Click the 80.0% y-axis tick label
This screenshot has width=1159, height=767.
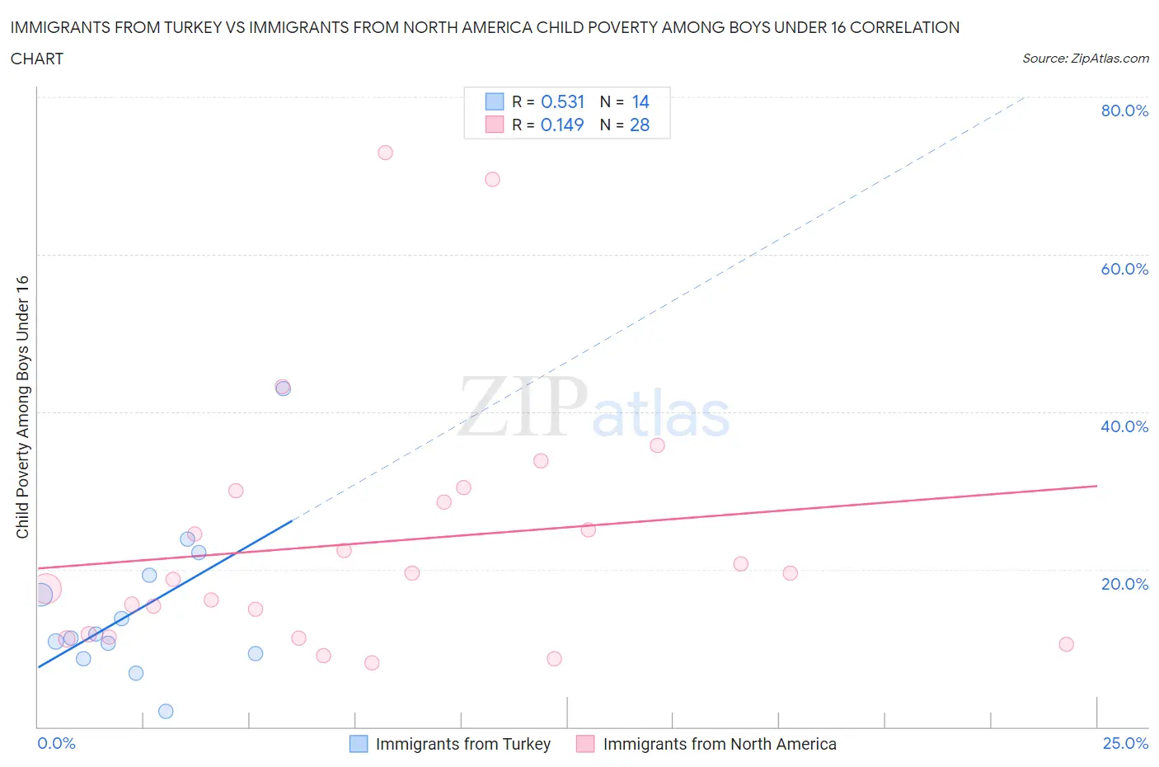(x=1124, y=111)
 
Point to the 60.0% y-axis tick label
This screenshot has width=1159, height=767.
(x=1124, y=269)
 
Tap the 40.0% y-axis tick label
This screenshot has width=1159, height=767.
(x=1124, y=426)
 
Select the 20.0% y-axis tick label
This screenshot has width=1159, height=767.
(x=1124, y=584)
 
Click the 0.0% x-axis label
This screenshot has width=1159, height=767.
(x=56, y=743)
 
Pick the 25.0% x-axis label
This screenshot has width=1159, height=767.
(x=1125, y=743)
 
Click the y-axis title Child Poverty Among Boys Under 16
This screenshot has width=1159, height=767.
(x=22, y=407)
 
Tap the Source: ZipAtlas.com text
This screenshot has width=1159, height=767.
(x=1085, y=58)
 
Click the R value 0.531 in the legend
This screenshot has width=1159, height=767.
(x=562, y=101)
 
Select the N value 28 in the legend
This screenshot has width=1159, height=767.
(x=640, y=125)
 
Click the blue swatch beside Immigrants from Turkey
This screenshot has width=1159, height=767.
(x=359, y=744)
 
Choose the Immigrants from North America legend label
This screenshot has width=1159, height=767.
(x=719, y=744)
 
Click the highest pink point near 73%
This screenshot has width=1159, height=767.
(x=385, y=153)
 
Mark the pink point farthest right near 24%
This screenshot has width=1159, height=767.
(x=1066, y=644)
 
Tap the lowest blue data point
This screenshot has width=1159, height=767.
(x=166, y=711)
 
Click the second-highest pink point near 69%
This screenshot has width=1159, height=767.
(x=492, y=179)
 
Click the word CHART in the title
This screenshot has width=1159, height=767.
(x=37, y=59)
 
